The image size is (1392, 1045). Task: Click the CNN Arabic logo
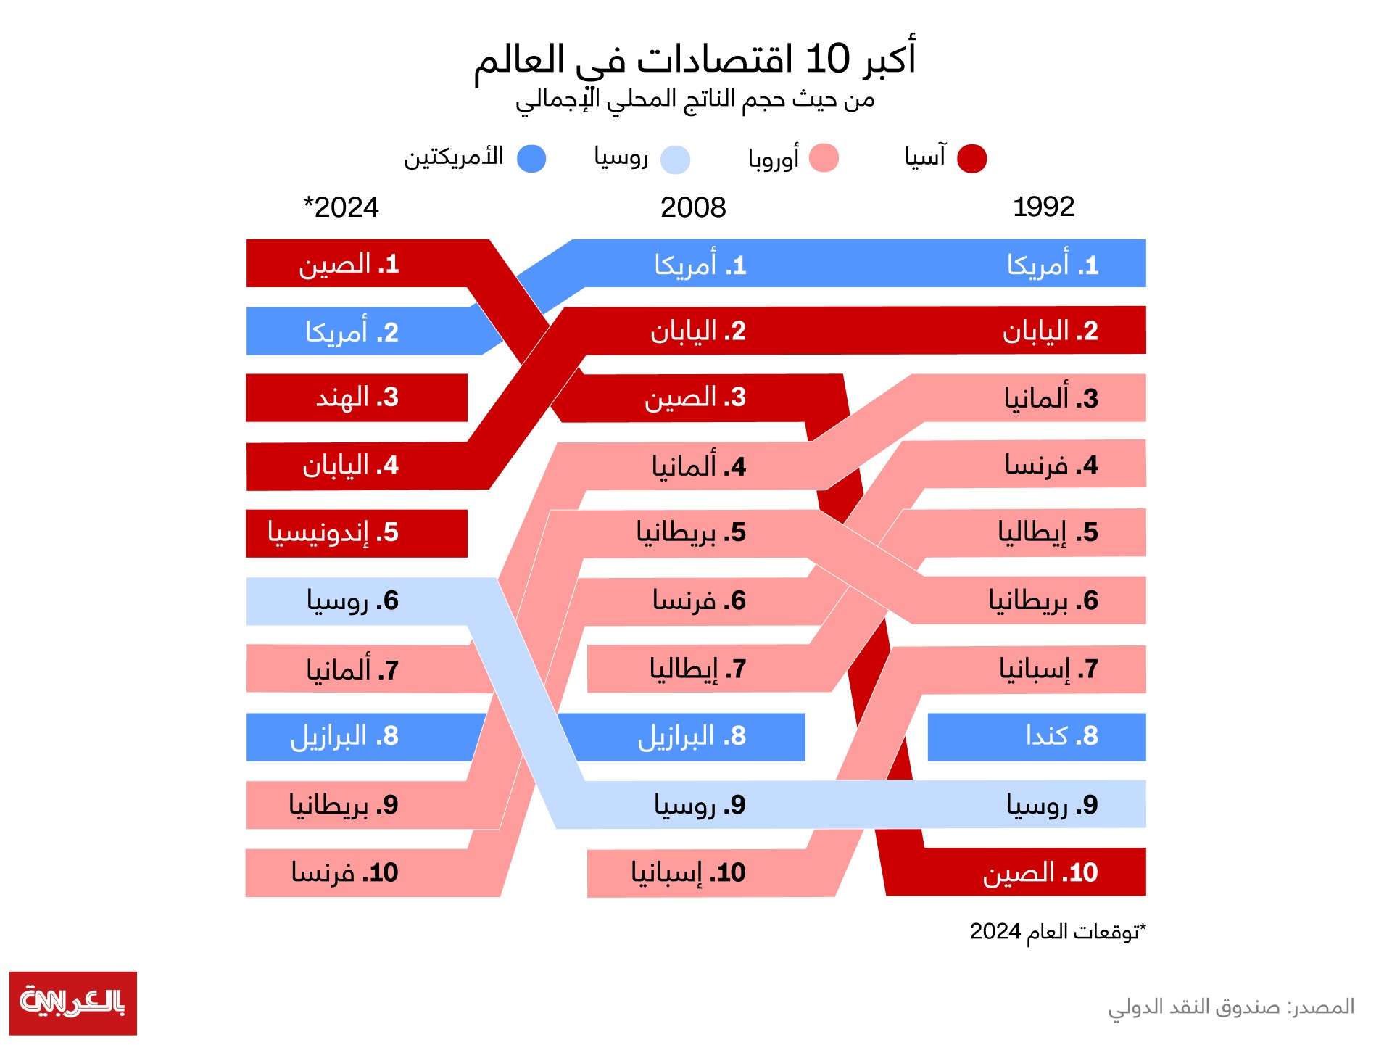pos(72,1002)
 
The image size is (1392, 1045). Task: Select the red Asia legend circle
pos(971,158)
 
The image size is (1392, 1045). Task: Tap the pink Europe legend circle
pos(824,158)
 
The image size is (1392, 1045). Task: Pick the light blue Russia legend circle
pos(675,160)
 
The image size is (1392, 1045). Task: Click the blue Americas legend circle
pos(531,158)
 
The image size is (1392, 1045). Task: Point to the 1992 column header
pos(1043,207)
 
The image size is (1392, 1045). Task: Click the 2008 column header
pos(693,208)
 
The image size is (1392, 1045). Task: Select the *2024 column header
pos(341,208)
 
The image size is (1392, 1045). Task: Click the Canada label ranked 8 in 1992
pos(1061,736)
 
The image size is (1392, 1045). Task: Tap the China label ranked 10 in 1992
pos(1040,873)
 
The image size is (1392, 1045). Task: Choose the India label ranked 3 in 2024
pos(357,397)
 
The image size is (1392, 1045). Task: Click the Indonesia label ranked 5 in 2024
pos(333,533)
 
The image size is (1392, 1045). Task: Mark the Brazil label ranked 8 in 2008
pos(692,737)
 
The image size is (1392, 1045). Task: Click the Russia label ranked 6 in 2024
pos(352,601)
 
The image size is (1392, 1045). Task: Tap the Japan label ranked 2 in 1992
pos(1050,331)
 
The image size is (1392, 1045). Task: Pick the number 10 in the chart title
pos(827,59)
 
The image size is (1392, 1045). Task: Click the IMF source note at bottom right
pos(1230,1007)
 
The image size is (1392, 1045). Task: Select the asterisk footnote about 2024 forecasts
pos(1058,932)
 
